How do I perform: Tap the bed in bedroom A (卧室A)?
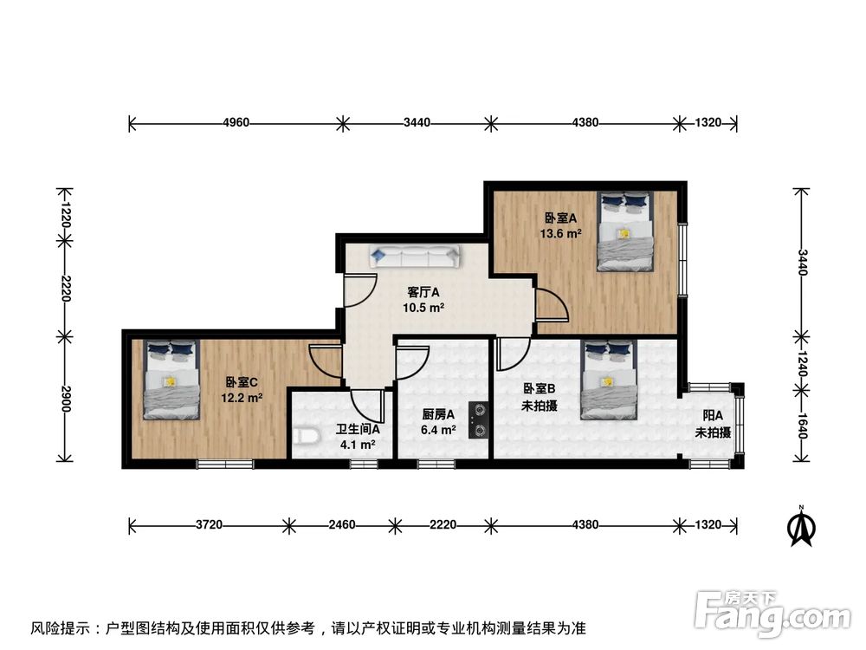(x=624, y=231)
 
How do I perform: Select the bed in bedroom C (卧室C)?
(x=171, y=380)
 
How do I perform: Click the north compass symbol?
(x=802, y=527)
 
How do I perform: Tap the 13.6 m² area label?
(x=562, y=232)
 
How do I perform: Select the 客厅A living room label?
(x=423, y=292)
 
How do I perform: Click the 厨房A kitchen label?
(x=438, y=415)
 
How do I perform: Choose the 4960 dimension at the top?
(x=236, y=123)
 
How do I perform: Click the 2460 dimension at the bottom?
(x=342, y=525)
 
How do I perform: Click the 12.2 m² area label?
(x=242, y=398)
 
